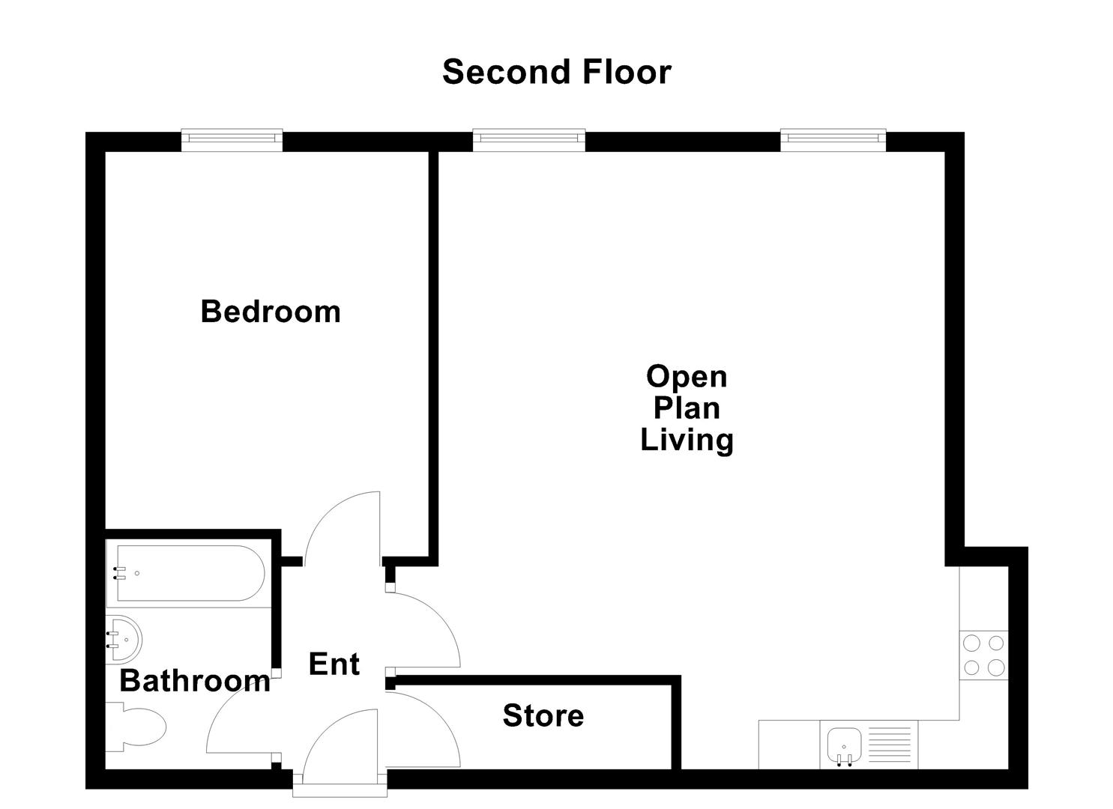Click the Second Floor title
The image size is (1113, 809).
(x=556, y=72)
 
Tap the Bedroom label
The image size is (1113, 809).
(x=271, y=312)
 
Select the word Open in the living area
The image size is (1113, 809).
(x=687, y=376)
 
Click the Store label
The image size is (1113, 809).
(x=543, y=715)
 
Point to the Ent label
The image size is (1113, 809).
(x=334, y=664)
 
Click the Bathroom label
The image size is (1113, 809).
(x=195, y=681)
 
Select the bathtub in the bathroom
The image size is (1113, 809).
(x=187, y=574)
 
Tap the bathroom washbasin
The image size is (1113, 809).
(x=124, y=639)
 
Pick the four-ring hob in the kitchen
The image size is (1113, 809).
(x=983, y=655)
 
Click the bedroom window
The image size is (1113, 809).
(x=232, y=139)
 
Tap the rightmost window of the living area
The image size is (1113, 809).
(x=833, y=139)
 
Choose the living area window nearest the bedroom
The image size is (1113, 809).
(x=529, y=139)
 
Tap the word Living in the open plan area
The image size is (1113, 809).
(x=687, y=440)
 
